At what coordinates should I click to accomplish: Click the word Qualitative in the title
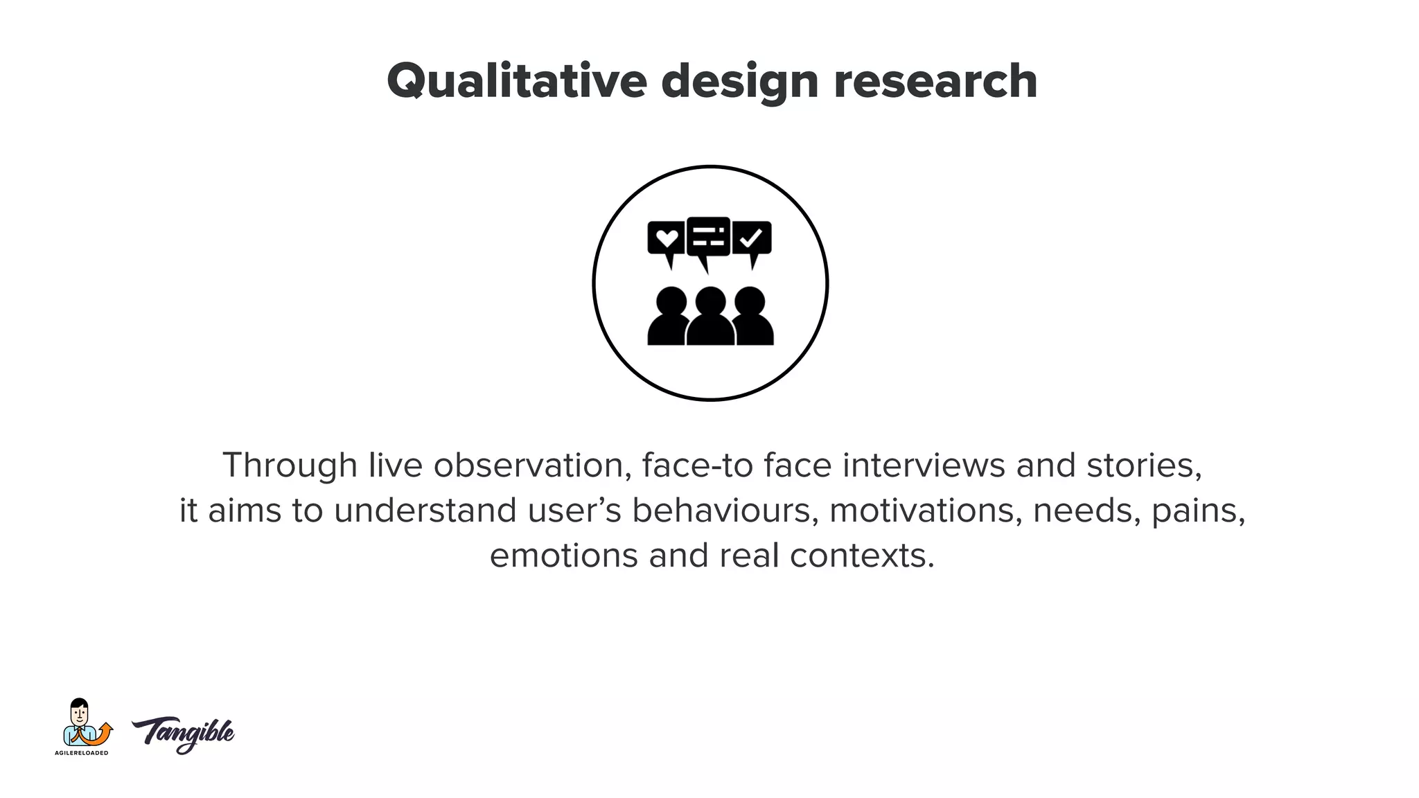(516, 82)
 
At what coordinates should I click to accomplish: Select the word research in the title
(935, 82)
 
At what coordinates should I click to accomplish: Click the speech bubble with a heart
(666, 239)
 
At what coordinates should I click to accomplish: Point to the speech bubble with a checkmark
(752, 239)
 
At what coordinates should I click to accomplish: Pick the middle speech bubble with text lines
(708, 237)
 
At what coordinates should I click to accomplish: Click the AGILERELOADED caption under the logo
(82, 753)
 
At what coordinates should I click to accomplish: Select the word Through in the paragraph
(290, 465)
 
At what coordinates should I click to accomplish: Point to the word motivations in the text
(926, 511)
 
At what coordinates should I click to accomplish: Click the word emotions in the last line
(563, 556)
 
